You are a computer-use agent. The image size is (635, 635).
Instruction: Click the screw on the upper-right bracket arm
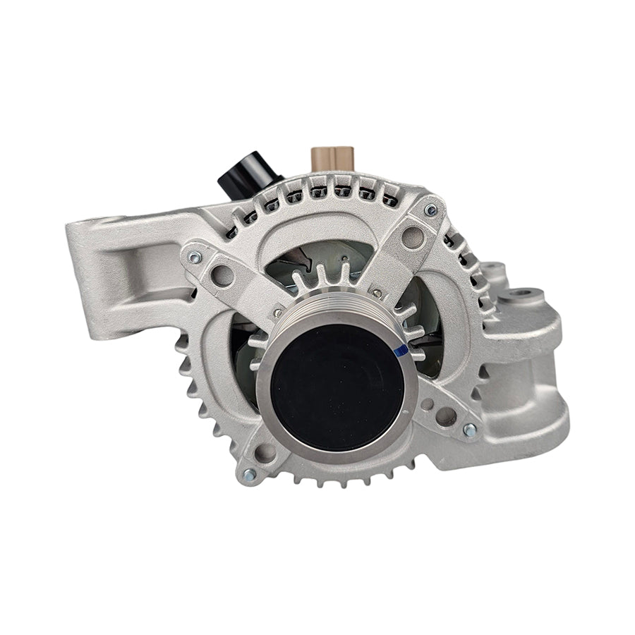pyautogui.click(x=430, y=210)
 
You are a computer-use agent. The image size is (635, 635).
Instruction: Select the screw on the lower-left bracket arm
pyautogui.click(x=246, y=475)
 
